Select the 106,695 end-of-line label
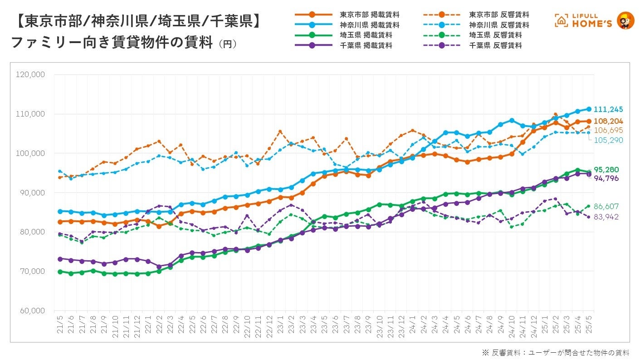(610, 131)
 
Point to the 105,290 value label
(610, 140)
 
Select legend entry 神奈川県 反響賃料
(499, 25)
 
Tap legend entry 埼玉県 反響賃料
(495, 35)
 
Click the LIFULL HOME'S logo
(594, 20)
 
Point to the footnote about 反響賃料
(556, 352)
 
